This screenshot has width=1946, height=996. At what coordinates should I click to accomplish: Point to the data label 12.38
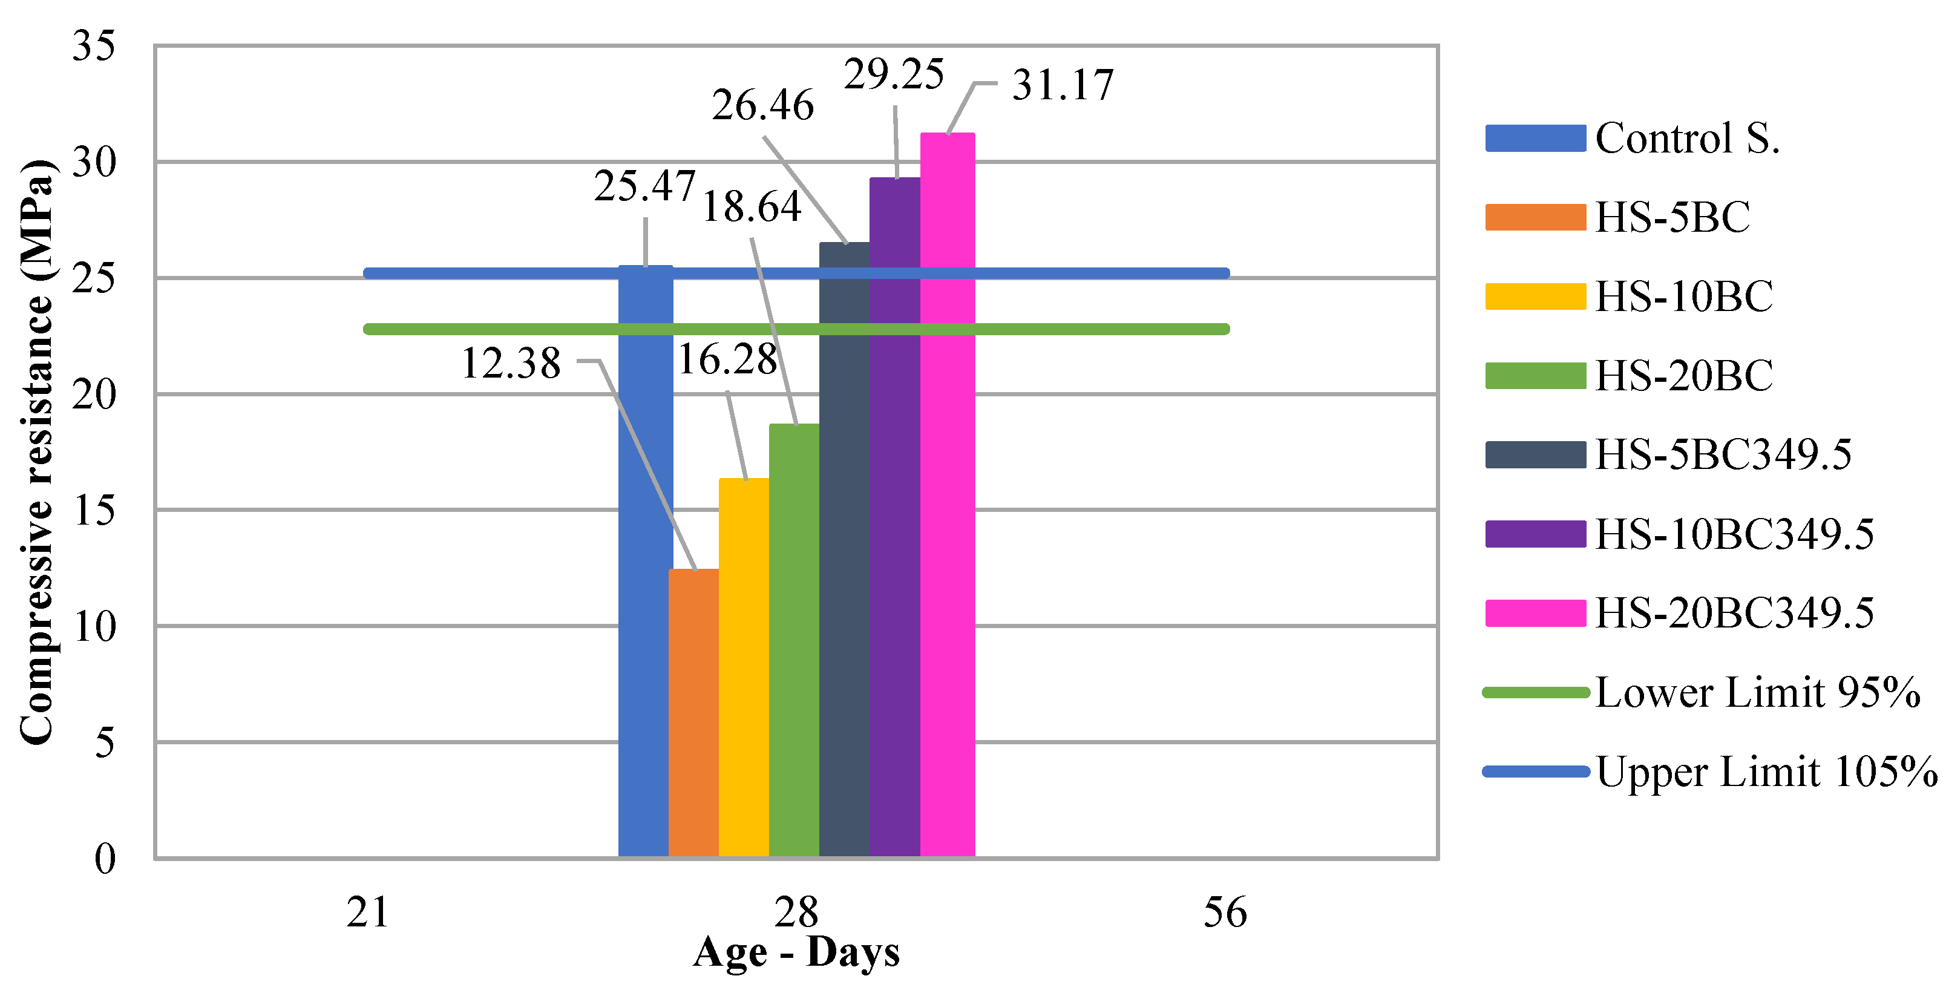tap(511, 364)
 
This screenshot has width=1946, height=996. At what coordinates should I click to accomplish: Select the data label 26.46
tap(762, 105)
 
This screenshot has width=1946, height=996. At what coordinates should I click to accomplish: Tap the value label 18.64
tap(751, 207)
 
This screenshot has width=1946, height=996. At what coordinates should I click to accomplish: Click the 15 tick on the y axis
tap(94, 511)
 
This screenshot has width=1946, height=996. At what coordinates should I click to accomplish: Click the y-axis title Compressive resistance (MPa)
tap(36, 452)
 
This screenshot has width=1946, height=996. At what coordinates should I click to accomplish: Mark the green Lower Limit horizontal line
tap(491, 329)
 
